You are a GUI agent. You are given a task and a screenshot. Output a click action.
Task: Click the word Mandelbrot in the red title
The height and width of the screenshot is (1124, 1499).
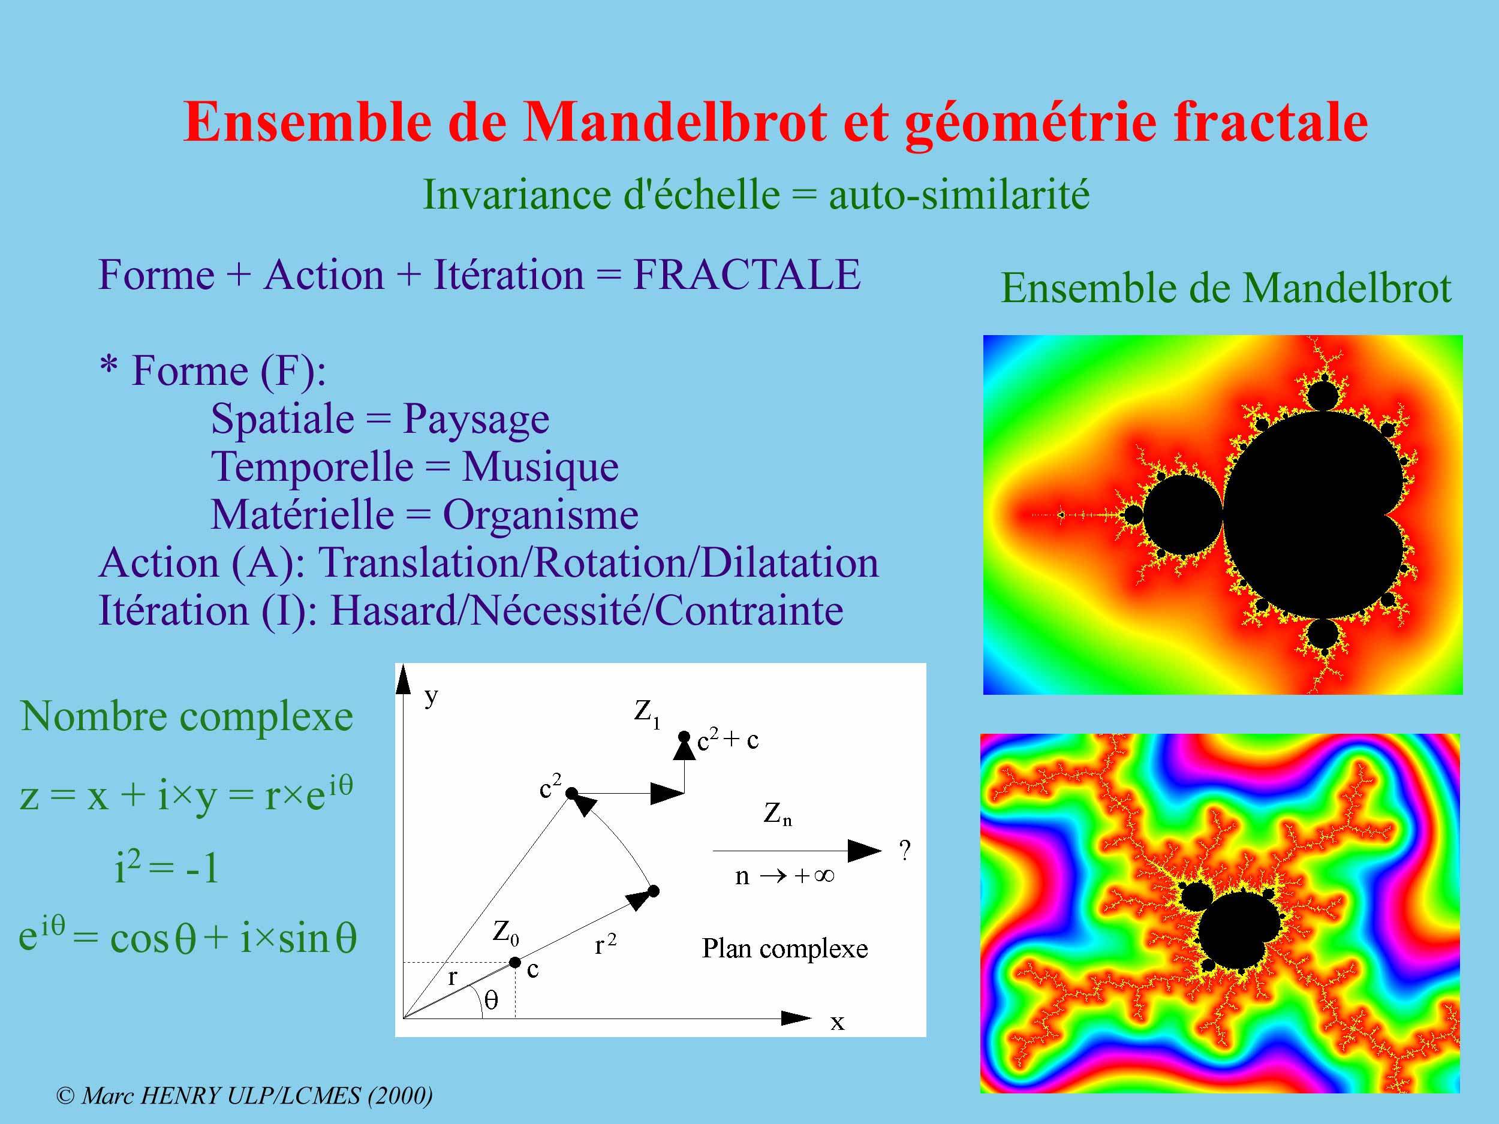coord(675,122)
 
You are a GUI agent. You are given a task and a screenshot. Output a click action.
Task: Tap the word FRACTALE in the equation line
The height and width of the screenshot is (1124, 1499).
coord(747,275)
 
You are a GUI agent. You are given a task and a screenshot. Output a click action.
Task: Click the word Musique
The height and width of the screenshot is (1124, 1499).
coord(540,468)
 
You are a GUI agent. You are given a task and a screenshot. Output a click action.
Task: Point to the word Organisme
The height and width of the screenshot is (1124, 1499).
coord(540,516)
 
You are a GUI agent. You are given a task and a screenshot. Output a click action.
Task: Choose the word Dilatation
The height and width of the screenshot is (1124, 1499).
coord(790,562)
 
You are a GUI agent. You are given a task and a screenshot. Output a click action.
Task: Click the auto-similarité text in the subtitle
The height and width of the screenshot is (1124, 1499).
coord(959,195)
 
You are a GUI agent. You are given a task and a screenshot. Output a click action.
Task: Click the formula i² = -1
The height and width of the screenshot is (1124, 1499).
coord(167,867)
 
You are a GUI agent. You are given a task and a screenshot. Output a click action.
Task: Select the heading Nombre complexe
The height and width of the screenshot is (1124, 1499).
coord(187,717)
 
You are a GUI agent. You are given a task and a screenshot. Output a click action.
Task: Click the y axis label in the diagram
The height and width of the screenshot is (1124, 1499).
coord(431,697)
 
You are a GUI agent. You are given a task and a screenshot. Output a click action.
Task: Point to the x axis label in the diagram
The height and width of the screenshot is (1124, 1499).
coord(838,1021)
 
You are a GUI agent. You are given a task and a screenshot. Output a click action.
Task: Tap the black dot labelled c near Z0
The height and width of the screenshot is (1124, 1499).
coord(515,962)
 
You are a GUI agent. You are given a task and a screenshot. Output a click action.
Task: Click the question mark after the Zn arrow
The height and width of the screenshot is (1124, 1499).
coord(905,849)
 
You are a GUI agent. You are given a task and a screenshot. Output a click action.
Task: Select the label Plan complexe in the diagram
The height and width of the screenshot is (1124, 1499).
coord(785,948)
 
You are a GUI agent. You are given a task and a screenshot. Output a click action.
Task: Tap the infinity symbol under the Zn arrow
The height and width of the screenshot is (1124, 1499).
coord(824,876)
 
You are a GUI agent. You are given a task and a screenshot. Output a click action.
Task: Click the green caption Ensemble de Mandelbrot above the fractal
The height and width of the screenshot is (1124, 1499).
coord(1226,288)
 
